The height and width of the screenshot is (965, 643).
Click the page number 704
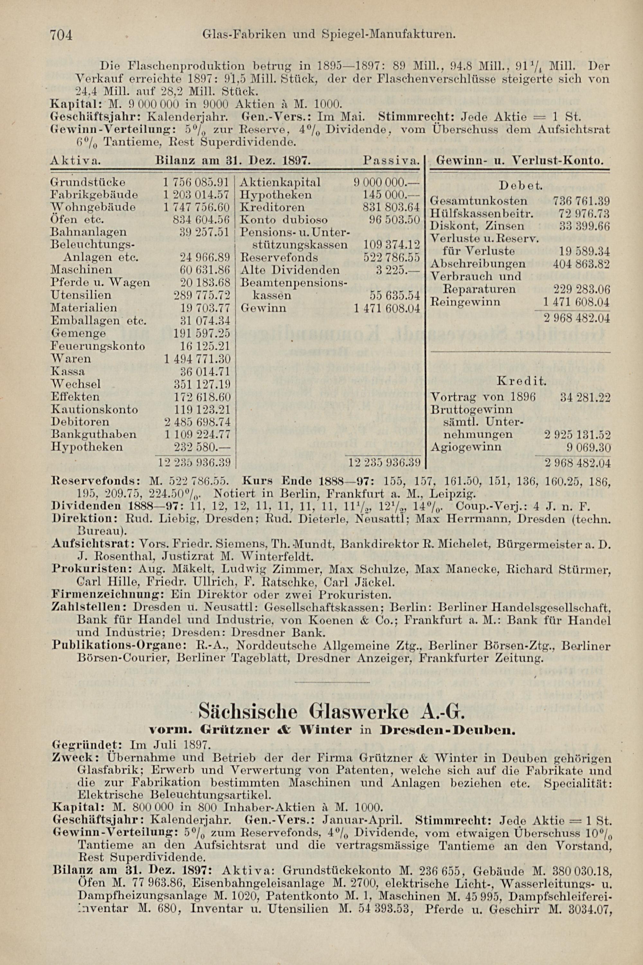click(61, 35)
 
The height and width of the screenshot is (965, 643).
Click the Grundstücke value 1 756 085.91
click(196, 182)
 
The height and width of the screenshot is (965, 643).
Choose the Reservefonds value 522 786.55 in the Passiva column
click(392, 258)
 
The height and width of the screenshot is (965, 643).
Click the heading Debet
click(521, 186)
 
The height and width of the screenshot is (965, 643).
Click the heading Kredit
click(521, 381)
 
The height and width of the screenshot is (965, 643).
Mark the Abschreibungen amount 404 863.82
click(581, 264)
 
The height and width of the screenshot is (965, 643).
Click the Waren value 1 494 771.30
click(197, 359)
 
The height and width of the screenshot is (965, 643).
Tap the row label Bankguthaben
click(94, 434)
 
